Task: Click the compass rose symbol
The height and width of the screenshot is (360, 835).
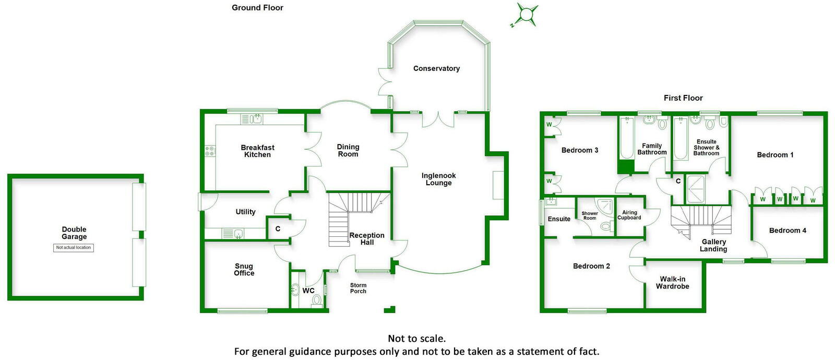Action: [527, 14]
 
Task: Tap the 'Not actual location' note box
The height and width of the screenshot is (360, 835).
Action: [74, 248]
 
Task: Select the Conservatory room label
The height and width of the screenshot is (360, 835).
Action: [436, 68]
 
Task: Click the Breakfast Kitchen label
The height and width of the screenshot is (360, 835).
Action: [257, 151]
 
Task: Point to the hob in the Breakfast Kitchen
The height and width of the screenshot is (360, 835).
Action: [210, 151]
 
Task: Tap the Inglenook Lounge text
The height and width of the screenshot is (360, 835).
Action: [438, 179]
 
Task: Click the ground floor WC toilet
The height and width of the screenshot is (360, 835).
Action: [316, 300]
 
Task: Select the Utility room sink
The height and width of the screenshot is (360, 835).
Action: [238, 233]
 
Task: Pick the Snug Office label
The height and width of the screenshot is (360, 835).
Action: [244, 269]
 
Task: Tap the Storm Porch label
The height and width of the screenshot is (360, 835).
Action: [358, 288]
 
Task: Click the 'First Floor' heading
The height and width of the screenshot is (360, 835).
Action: [683, 98]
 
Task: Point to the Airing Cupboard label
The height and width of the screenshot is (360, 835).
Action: [629, 215]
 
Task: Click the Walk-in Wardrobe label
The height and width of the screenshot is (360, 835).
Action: [672, 282]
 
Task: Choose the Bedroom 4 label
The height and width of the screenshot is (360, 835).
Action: [787, 231]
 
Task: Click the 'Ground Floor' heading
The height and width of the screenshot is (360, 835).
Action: [257, 8]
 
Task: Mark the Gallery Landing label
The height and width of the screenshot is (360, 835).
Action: [713, 245]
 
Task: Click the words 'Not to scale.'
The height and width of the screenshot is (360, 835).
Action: [416, 339]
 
